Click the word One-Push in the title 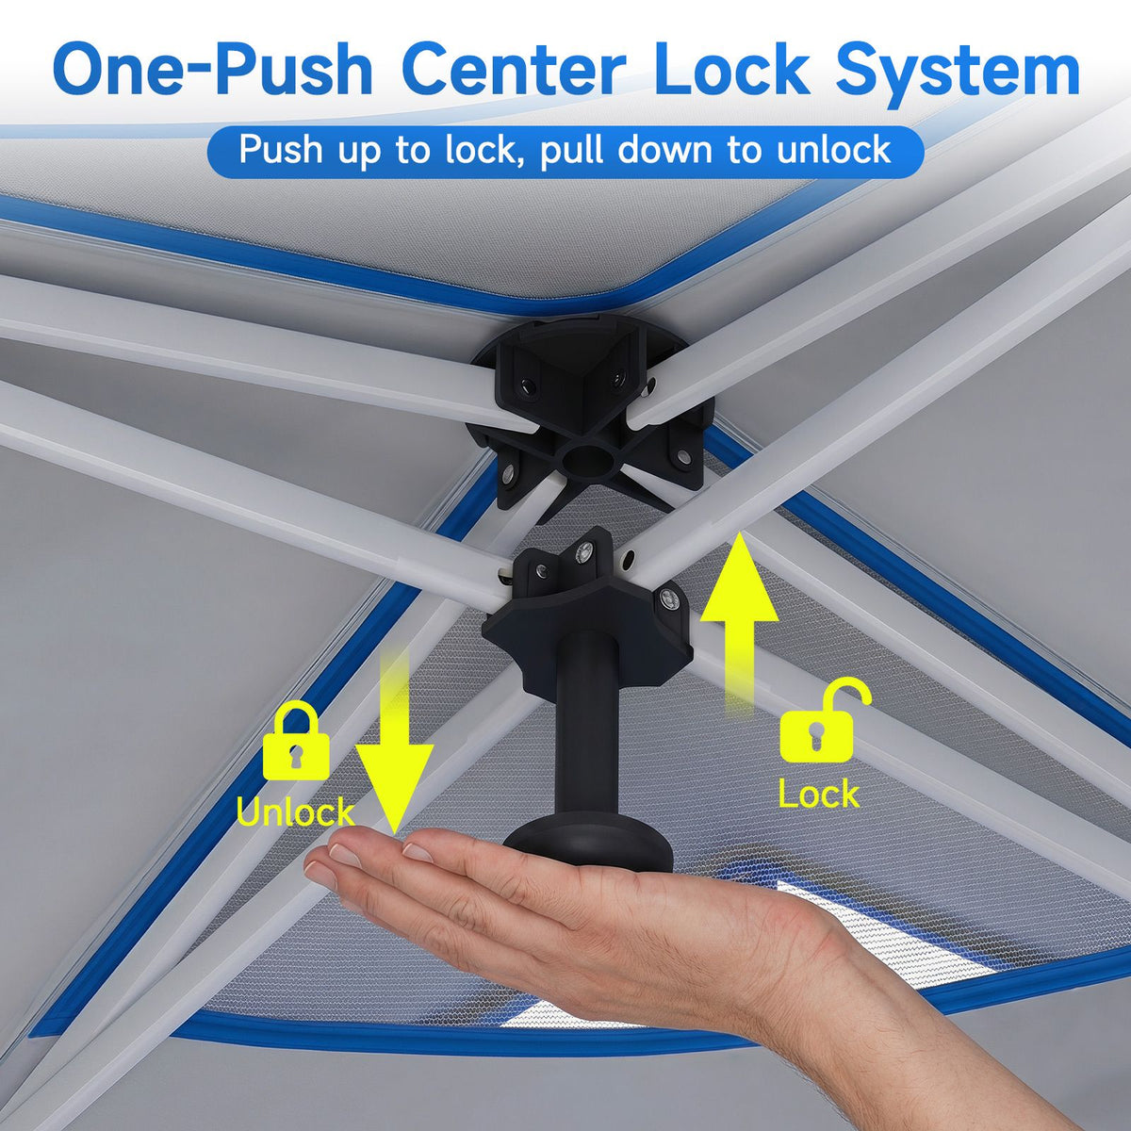point(212,69)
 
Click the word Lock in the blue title point(730,68)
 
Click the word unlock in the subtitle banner point(833,150)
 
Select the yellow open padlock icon point(823,719)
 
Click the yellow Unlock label point(295,812)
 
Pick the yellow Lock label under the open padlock point(819,794)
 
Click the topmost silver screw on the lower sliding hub point(583,549)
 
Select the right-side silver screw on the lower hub point(668,598)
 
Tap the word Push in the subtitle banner point(282,150)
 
